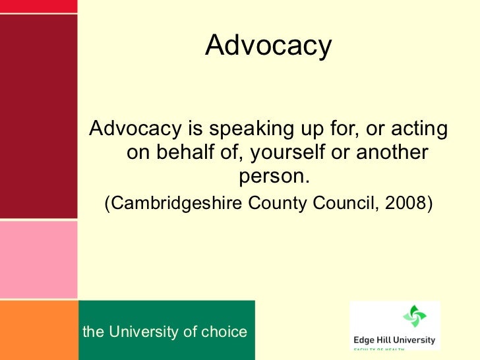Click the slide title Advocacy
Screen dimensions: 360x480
coord(268,46)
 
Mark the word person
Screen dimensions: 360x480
coord(272,177)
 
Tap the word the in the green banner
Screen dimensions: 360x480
coord(93,332)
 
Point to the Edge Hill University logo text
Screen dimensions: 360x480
coord(394,340)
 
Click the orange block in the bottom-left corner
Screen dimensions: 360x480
coord(38,330)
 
